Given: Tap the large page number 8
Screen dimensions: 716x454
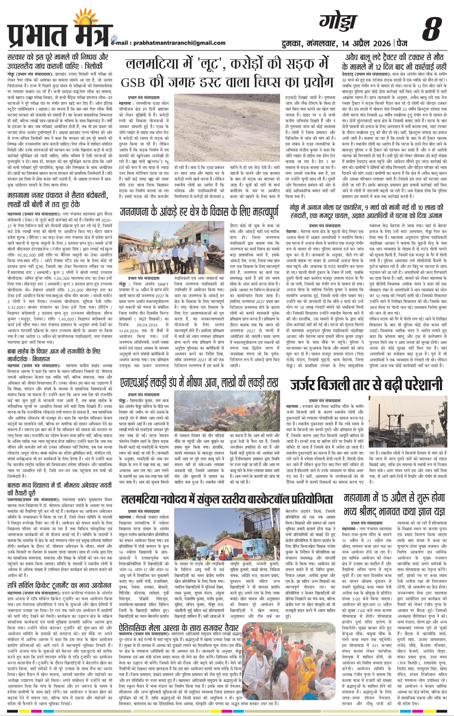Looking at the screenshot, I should pyautogui.click(x=431, y=28).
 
